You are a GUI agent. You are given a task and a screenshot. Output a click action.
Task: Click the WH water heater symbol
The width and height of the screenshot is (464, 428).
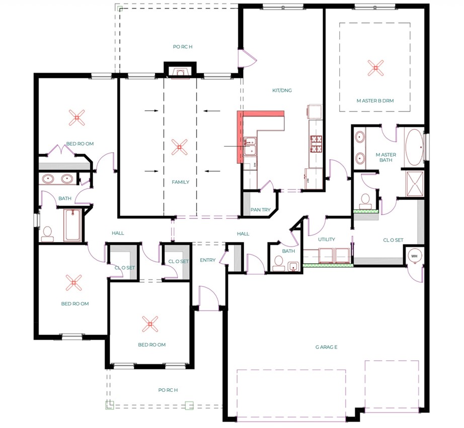coord(414,256)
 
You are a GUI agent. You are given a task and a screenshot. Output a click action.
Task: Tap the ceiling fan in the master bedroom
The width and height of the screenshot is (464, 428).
coord(375,68)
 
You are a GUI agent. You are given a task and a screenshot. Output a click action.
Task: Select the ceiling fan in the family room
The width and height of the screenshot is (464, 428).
coord(179,147)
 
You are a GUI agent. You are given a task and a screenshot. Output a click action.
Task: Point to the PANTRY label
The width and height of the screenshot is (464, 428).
coord(260,209)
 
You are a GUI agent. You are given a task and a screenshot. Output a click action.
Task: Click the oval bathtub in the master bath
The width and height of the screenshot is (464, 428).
coord(414,147)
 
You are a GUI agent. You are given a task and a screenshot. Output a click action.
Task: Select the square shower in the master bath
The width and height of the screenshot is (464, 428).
coord(415,183)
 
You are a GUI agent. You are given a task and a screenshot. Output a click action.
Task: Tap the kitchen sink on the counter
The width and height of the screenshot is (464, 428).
coord(250,146)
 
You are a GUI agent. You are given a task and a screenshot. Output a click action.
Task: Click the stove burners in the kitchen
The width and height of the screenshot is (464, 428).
coord(316,144)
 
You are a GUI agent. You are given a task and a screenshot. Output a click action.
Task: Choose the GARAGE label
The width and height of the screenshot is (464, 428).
coord(326,347)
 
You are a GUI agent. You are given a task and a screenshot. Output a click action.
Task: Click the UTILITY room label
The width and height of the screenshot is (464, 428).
coord(327,239)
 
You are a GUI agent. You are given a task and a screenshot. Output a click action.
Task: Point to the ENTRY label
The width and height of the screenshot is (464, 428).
coord(207,260)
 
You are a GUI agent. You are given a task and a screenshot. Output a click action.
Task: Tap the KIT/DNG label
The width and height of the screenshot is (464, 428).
coord(282,90)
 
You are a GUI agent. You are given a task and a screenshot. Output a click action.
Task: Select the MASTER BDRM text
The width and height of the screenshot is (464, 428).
coord(375,101)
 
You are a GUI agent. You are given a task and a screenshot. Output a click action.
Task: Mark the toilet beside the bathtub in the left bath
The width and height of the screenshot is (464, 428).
coord(47,234)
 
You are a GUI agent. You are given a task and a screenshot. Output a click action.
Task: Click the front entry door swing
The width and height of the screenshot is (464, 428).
coord(209,298)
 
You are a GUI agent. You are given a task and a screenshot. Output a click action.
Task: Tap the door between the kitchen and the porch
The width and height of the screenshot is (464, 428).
coord(247,58)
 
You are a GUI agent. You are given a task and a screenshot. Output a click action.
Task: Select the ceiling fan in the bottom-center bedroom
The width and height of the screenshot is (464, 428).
coord(150,324)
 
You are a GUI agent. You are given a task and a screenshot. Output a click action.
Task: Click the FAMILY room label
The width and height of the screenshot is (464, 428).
coord(181,182)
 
